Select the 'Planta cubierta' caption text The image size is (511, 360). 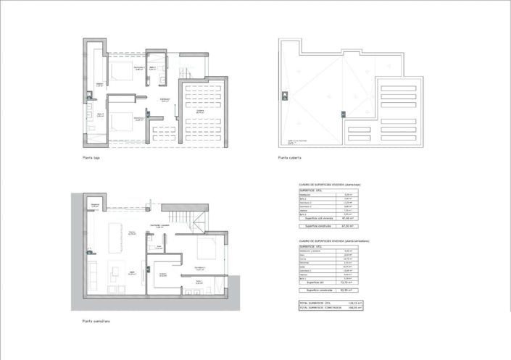click(x=289, y=157)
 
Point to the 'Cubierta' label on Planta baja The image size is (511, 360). click(x=199, y=112)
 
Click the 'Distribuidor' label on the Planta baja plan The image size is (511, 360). click(x=165, y=100)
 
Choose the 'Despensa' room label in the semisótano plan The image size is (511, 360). click(x=94, y=205)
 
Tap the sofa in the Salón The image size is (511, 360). click(x=94, y=276)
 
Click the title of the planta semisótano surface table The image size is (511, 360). click(x=333, y=241)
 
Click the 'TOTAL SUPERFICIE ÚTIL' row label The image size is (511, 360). click(x=317, y=302)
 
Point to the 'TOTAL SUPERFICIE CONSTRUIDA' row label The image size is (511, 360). click(x=320, y=307)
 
